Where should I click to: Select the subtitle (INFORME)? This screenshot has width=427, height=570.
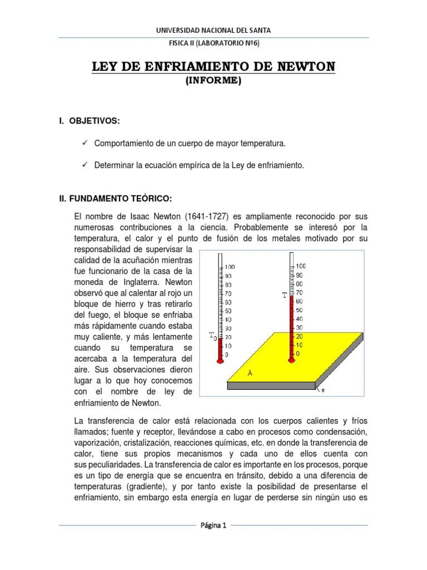click(x=213, y=80)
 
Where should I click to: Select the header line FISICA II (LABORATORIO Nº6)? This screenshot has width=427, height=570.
click(x=213, y=43)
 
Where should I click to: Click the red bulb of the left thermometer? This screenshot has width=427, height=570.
click(x=220, y=361)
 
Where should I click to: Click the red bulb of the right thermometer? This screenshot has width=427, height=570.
click(x=291, y=361)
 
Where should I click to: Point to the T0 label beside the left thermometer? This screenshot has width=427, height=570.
click(x=212, y=336)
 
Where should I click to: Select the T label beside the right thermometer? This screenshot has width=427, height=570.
click(x=285, y=296)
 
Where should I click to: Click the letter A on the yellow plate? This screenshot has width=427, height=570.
click(x=250, y=374)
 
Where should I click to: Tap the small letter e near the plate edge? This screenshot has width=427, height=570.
click(x=323, y=390)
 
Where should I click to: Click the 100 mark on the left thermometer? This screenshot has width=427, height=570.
click(x=230, y=267)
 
